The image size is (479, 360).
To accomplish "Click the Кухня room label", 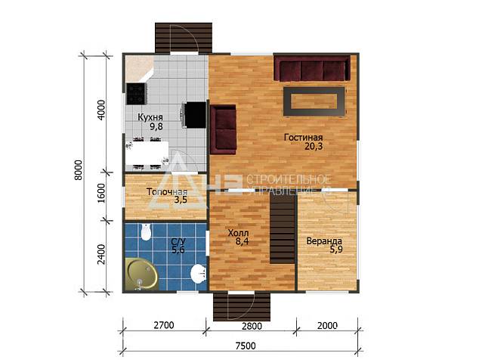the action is [x=150, y=117].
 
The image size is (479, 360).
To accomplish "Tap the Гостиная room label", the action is [x=304, y=138].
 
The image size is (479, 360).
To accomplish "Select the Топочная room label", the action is [x=167, y=192].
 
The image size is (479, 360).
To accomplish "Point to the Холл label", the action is [x=238, y=233].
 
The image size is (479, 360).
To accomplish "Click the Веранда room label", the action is [x=324, y=241].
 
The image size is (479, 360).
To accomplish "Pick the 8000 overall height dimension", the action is [x=79, y=170].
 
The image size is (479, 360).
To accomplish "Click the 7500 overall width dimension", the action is [x=246, y=346].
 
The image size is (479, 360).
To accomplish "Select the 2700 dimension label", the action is [x=164, y=325].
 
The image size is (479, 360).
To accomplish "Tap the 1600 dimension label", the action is [x=101, y=194].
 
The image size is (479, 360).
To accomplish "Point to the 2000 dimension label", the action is [x=327, y=326].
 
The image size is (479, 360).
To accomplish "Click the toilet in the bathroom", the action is [x=146, y=231].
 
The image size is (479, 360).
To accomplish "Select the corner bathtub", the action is [x=141, y=274].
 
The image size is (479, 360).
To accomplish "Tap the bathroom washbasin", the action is [x=199, y=273].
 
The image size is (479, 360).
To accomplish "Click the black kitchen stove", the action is [x=136, y=94].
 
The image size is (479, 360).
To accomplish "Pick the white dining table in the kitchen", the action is [x=147, y=154].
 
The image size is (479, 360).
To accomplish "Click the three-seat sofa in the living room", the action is [x=312, y=69].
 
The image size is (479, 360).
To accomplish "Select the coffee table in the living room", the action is [x=314, y=101].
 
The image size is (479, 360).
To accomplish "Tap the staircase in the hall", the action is [x=283, y=229].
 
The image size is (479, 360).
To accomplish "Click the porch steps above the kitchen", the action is [x=184, y=38].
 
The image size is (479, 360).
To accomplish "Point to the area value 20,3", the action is [x=314, y=147].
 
